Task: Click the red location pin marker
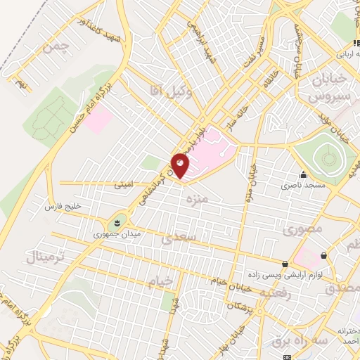click(x=180, y=165)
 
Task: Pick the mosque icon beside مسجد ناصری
click(x=303, y=175)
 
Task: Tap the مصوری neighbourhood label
click(x=302, y=230)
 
